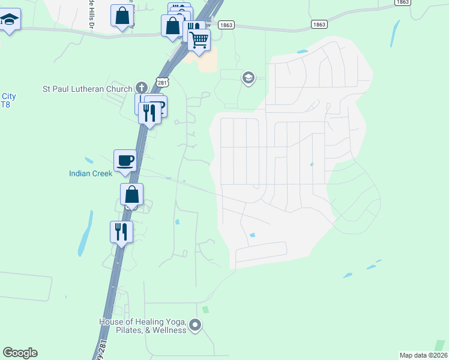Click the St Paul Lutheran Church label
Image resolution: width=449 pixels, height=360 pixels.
[x=87, y=89]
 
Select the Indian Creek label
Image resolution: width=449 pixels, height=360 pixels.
[x=90, y=174]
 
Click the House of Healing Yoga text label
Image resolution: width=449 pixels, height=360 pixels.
[x=143, y=326]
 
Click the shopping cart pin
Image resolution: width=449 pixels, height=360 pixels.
[x=199, y=40]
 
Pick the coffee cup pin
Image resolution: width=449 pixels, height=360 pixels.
[x=125, y=160]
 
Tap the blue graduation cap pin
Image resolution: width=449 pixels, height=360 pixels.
[x=10, y=20]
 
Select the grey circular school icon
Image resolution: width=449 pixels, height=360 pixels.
[x=249, y=78]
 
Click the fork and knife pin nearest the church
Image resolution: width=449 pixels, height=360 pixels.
[x=149, y=112]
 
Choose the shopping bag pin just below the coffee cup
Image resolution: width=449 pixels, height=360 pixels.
[x=132, y=195]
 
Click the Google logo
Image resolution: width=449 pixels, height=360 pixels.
[x=20, y=353]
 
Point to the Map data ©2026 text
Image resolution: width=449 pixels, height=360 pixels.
[x=423, y=355]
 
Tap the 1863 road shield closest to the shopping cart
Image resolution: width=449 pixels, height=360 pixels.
[x=226, y=25]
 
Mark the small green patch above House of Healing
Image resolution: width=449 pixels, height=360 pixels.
[x=206, y=310]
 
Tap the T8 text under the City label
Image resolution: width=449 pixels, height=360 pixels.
[x=6, y=105]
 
